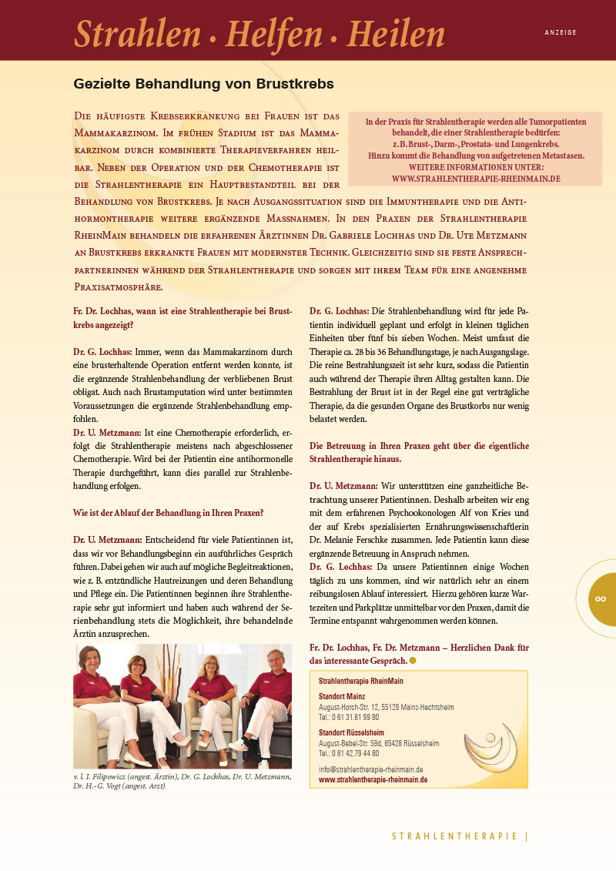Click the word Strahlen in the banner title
click(x=137, y=33)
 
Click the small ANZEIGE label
click(x=560, y=33)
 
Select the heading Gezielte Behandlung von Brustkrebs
click(x=203, y=83)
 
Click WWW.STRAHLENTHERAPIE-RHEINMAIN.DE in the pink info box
click(x=475, y=178)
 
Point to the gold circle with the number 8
click(x=601, y=598)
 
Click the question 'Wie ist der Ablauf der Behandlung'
click(x=168, y=512)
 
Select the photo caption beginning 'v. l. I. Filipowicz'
click(x=182, y=781)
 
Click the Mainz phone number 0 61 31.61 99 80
click(x=349, y=716)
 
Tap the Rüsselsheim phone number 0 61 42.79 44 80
click(x=349, y=753)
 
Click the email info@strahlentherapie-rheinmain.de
click(x=370, y=769)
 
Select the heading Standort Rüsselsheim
click(x=351, y=732)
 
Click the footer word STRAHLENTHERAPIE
click(x=454, y=836)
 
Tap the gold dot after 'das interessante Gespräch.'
click(x=413, y=661)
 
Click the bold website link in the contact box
click(x=373, y=779)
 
